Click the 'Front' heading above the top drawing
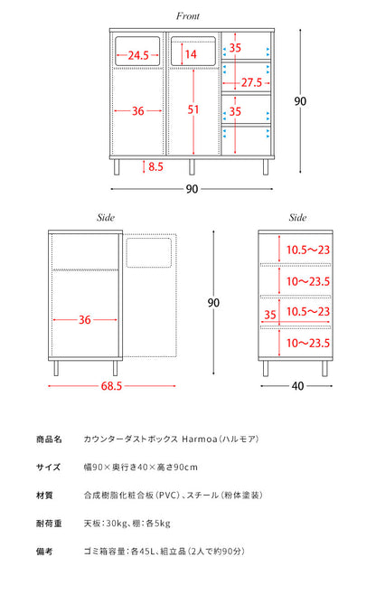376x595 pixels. click(x=188, y=16)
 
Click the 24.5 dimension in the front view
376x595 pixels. click(x=138, y=55)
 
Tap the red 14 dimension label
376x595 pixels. click(x=191, y=54)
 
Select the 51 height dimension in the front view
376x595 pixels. click(x=193, y=109)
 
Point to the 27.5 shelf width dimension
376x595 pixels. click(x=251, y=82)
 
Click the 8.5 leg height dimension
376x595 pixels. click(x=155, y=166)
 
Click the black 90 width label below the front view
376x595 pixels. click(x=192, y=189)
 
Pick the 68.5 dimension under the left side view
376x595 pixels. click(x=111, y=386)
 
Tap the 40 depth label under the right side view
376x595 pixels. click(x=298, y=386)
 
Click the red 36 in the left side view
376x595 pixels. click(x=85, y=320)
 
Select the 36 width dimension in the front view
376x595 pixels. click(x=137, y=111)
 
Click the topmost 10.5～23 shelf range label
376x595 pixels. click(x=308, y=250)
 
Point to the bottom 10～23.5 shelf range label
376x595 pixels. click(x=308, y=343)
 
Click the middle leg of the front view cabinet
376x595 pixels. click(x=192, y=166)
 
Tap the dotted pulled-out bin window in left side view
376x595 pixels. click(x=149, y=252)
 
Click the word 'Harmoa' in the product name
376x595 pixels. click(x=200, y=439)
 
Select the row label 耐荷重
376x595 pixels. click(x=49, y=524)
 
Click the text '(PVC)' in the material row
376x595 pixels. click(x=168, y=496)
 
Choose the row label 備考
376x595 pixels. click(x=44, y=552)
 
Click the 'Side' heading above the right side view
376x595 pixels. click(x=297, y=217)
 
